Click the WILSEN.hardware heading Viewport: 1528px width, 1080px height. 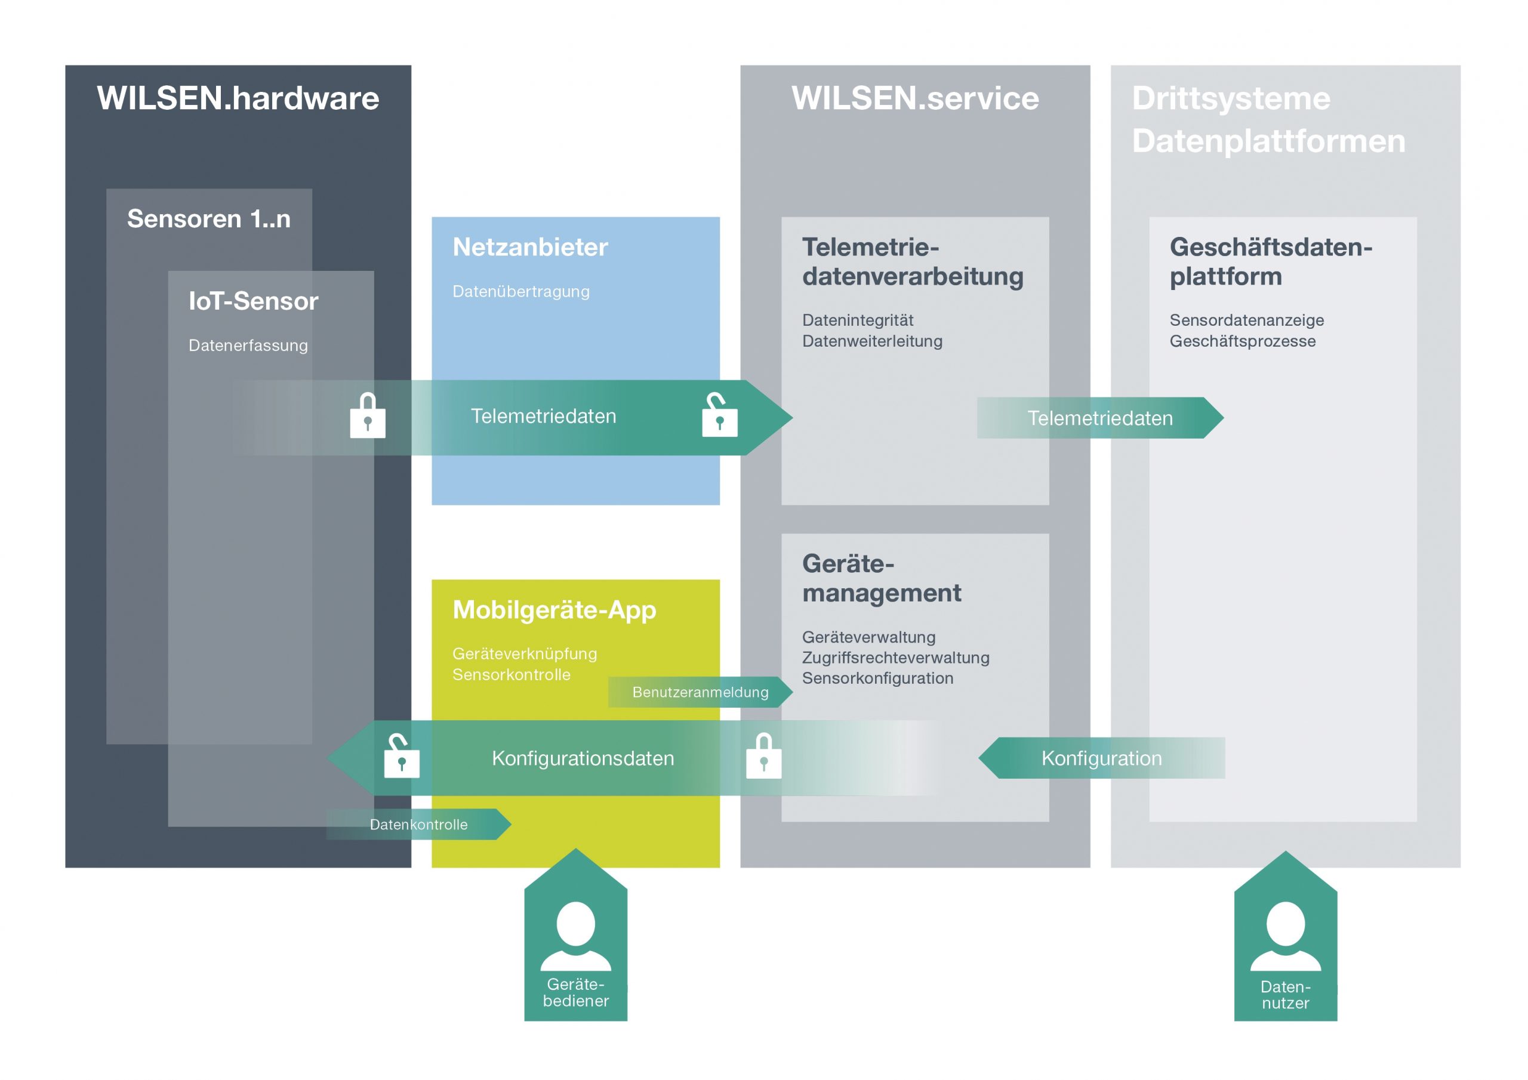[238, 98]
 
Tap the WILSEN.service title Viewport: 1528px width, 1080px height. [914, 98]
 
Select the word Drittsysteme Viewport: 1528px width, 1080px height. [1231, 98]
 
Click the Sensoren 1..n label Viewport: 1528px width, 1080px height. [208, 219]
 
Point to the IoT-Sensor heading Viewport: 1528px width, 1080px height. [253, 301]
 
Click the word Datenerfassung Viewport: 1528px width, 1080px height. [248, 345]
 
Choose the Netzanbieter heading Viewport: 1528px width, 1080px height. [530, 248]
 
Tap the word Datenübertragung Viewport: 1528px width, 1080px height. [520, 291]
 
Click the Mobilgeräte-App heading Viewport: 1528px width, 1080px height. [554, 610]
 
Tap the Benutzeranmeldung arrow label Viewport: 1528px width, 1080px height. [700, 692]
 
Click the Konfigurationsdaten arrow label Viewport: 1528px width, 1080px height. [583, 758]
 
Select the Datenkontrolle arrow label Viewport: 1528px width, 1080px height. [418, 825]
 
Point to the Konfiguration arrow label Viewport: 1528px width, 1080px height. [1101, 758]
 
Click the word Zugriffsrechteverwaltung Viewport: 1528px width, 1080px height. [895, 658]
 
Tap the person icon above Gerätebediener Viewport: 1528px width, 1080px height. [575, 935]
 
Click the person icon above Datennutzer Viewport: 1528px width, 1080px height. [1285, 935]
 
